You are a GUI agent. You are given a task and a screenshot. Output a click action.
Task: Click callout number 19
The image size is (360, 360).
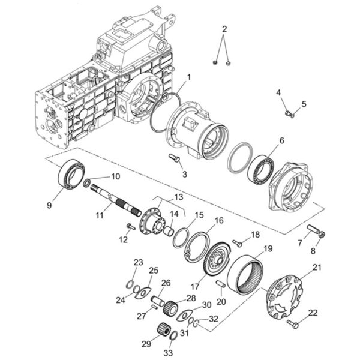(268, 248)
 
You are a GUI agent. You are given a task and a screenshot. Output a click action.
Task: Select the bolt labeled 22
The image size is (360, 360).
(293, 324)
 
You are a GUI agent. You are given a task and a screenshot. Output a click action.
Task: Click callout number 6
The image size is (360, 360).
(281, 140)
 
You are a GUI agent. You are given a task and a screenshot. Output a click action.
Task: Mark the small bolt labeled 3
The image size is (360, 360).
(174, 158)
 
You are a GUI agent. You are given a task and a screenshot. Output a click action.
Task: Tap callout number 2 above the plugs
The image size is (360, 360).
(224, 29)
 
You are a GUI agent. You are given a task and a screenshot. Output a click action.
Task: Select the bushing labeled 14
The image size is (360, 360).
(168, 230)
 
